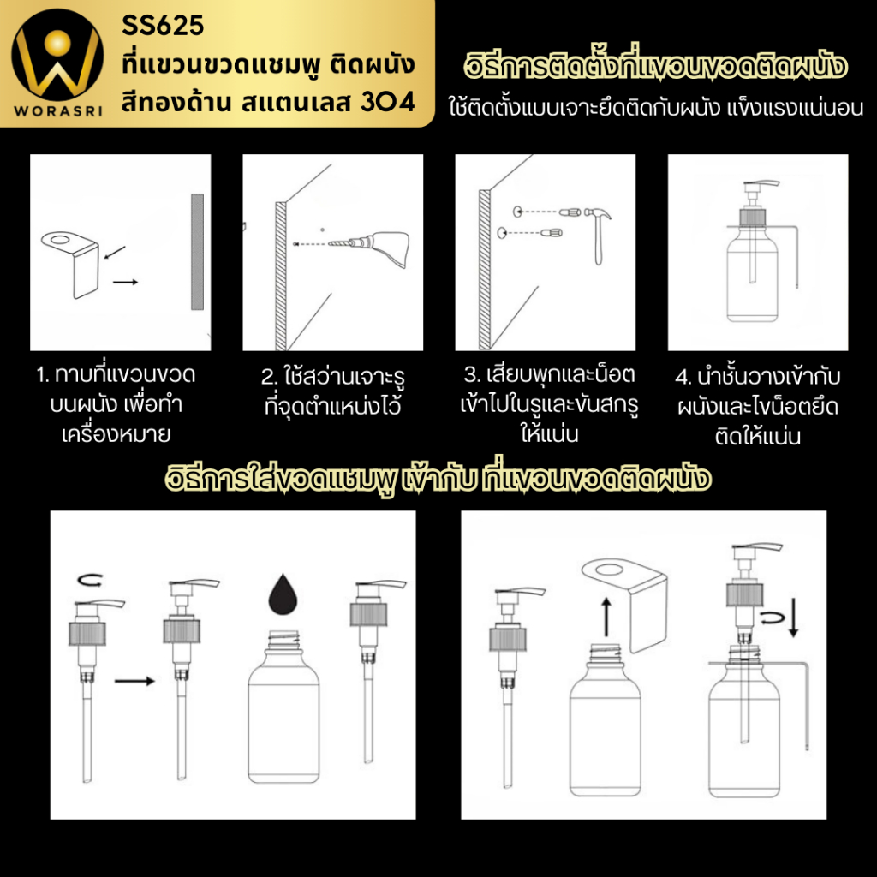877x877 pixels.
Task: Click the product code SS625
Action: coord(163,25)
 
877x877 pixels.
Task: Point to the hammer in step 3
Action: coord(597,235)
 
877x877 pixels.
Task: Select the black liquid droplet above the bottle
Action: coord(283,594)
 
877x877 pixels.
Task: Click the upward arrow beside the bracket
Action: coord(606,617)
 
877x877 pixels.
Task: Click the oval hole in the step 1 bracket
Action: coord(60,241)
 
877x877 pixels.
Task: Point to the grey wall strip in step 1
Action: coord(198,252)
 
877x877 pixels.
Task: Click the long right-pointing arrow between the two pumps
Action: coord(134,681)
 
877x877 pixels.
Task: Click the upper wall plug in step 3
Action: coord(570,212)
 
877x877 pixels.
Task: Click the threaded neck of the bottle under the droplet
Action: coord(283,640)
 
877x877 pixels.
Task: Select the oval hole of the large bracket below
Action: coord(609,570)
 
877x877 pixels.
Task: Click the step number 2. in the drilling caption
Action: coord(269,377)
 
